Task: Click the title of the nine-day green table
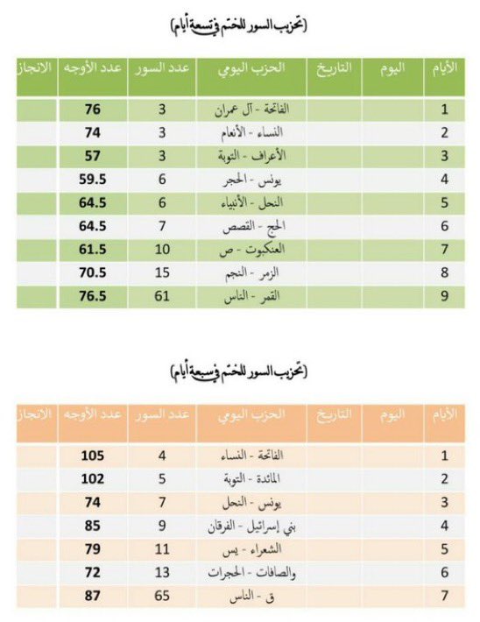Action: (x=239, y=26)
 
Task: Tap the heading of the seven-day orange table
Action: (x=239, y=372)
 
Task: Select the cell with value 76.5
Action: (x=90, y=297)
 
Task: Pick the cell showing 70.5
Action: (x=90, y=273)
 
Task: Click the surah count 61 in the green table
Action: (x=162, y=297)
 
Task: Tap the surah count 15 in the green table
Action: (x=162, y=273)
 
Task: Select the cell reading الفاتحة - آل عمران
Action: (x=251, y=111)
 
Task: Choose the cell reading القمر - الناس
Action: (x=251, y=297)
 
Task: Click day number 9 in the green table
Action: (x=445, y=297)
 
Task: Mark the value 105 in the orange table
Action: (x=90, y=456)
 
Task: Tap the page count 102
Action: (x=90, y=479)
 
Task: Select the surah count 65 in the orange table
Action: (x=162, y=595)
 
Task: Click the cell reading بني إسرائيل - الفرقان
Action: (x=251, y=526)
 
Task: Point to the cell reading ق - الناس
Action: (x=251, y=595)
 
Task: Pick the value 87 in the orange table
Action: (x=90, y=595)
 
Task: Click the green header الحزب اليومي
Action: (x=251, y=68)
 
